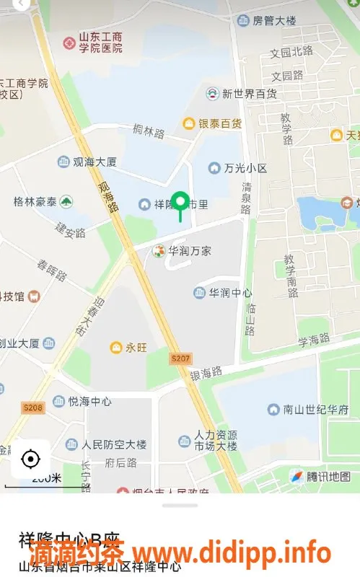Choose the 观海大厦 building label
(82, 162)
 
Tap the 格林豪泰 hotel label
(43, 202)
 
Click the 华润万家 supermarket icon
(158, 251)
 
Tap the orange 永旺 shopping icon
(115, 348)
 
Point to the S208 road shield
(33, 408)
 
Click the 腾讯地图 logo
(320, 476)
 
